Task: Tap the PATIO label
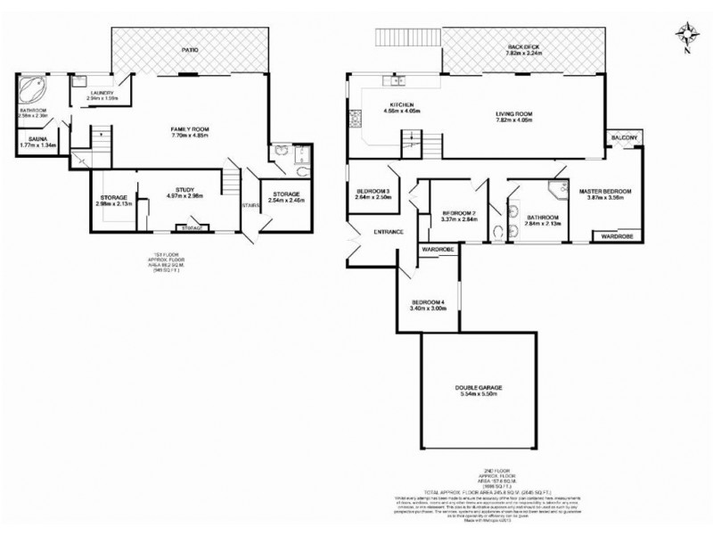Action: [x=188, y=50]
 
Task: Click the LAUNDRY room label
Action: [x=100, y=91]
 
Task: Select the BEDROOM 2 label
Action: [x=458, y=212]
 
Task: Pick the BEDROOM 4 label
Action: [x=427, y=302]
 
